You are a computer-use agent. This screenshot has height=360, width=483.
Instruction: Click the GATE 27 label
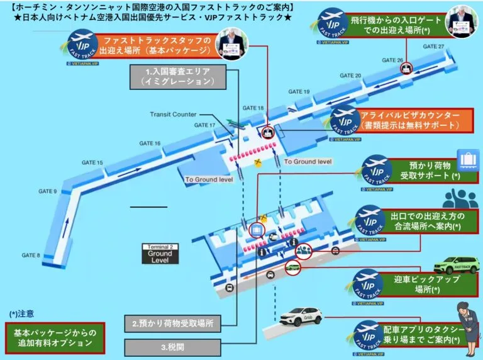pyautogui.click(x=433, y=47)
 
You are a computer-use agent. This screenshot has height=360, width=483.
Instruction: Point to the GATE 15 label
pyautogui.click(x=92, y=163)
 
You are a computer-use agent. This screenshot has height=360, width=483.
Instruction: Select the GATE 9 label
pyautogui.click(x=47, y=191)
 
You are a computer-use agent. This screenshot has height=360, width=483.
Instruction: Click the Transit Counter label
pyautogui.click(x=173, y=114)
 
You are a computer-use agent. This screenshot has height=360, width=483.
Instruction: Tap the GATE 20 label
pyautogui.click(x=350, y=76)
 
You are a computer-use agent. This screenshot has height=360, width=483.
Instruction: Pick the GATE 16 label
pyautogui.click(x=149, y=143)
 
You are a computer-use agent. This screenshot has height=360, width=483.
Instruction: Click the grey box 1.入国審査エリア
pyautogui.click(x=184, y=76)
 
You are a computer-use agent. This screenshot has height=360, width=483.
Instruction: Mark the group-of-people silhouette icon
pyautogui.click(x=461, y=198)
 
